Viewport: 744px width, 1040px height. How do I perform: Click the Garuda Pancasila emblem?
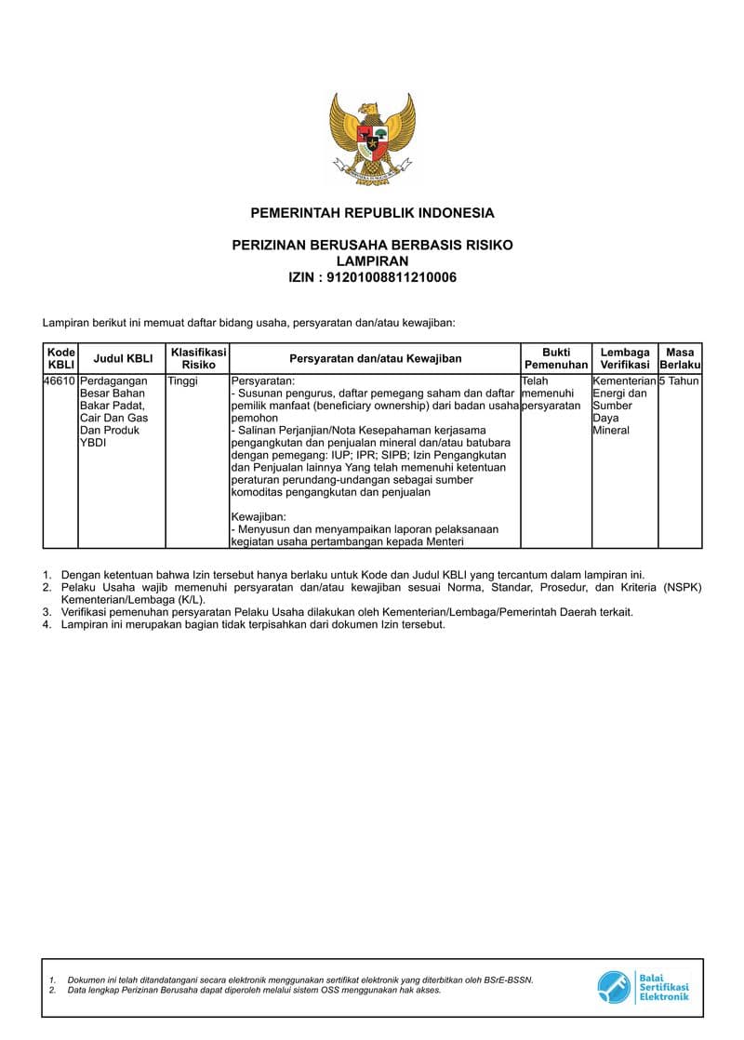click(372, 139)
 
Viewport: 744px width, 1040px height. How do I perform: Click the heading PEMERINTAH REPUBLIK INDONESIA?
click(372, 213)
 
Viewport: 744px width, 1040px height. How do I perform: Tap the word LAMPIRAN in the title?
click(372, 261)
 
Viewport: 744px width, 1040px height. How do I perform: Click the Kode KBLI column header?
click(60, 358)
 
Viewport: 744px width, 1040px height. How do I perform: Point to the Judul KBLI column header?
click(123, 358)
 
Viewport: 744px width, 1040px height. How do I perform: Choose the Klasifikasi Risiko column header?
click(198, 358)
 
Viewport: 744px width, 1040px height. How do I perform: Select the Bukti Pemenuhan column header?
click(556, 358)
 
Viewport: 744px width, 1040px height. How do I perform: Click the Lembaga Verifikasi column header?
click(624, 358)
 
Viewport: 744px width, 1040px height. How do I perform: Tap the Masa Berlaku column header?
click(680, 358)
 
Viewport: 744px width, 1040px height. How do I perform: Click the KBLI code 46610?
click(60, 381)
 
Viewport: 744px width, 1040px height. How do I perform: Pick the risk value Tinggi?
click(182, 381)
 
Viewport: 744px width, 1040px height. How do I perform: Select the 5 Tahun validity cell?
click(679, 381)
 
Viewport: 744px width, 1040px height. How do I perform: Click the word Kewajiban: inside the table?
click(259, 517)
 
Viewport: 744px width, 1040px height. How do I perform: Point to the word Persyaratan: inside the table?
click(263, 381)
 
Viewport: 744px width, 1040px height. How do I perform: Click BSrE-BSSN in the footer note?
click(509, 980)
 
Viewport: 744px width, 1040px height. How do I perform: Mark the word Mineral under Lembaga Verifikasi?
click(611, 431)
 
